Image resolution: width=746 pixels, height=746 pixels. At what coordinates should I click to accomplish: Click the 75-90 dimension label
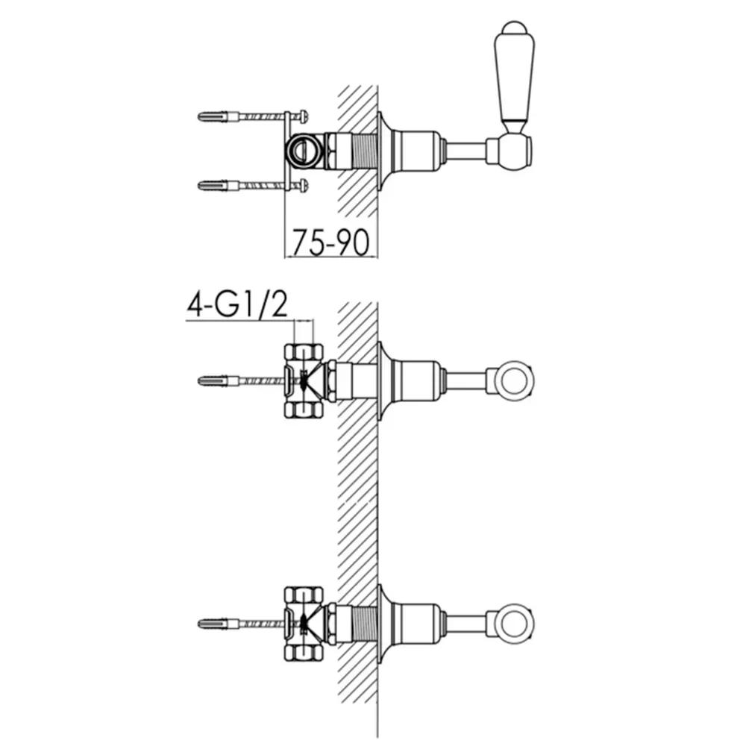coord(330,242)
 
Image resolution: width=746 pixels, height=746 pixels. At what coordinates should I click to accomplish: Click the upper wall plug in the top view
coord(218,116)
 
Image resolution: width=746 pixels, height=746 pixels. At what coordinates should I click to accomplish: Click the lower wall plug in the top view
coord(218,185)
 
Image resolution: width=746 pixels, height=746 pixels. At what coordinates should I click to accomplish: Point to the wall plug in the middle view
coord(218,380)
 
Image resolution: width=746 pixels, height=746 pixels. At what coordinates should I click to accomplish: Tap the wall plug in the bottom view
coord(218,624)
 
